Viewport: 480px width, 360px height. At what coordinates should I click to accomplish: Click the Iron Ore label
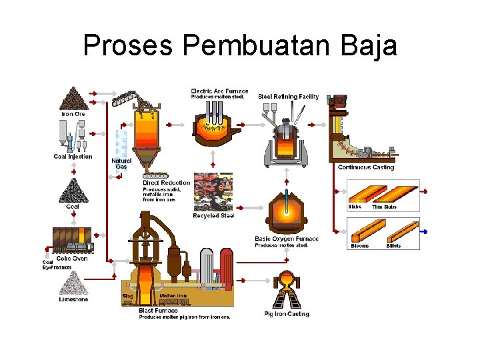coord(73,114)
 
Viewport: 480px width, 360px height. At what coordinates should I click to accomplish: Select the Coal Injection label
coord(73,157)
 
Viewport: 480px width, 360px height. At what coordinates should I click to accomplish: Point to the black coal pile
coord(73,191)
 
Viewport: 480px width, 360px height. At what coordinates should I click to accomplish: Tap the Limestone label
coord(73,299)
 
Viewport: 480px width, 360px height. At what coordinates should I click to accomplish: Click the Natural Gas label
coord(121,163)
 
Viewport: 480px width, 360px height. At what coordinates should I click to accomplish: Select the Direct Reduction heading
coord(166,183)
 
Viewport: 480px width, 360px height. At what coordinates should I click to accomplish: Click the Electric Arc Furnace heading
coord(219,91)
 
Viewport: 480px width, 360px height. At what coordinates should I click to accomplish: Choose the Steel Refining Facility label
coord(288,97)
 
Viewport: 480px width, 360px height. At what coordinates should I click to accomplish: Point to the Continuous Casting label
coord(367,167)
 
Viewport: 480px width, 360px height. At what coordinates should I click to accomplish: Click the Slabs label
coord(355,207)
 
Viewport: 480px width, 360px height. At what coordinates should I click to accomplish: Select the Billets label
coord(394,246)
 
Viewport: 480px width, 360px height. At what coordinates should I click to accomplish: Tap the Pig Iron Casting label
coord(287,314)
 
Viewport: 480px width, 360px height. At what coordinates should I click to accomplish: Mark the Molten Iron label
coord(173,295)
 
